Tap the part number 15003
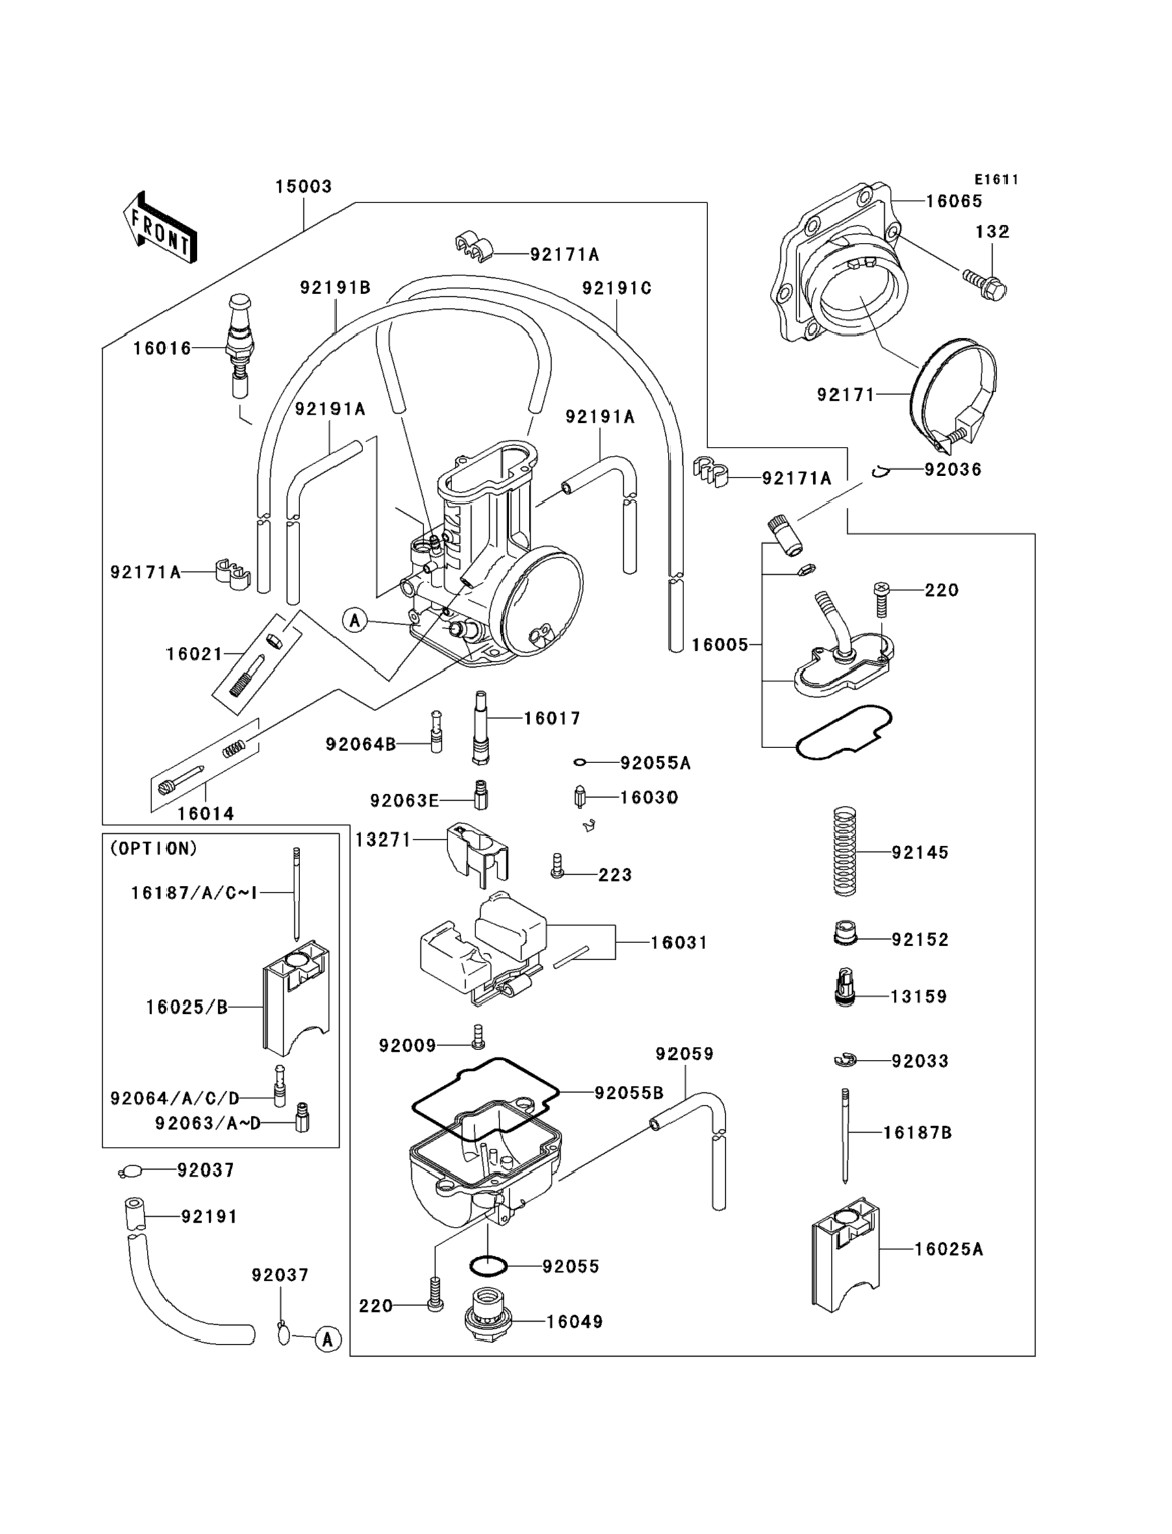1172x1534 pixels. point(303,187)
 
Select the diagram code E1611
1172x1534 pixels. point(996,180)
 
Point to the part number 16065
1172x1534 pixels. point(954,201)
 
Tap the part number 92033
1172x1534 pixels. point(919,1061)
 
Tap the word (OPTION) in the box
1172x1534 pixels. point(153,849)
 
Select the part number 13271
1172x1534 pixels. point(383,840)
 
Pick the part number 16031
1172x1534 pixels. point(678,943)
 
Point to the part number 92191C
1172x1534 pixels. point(617,288)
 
